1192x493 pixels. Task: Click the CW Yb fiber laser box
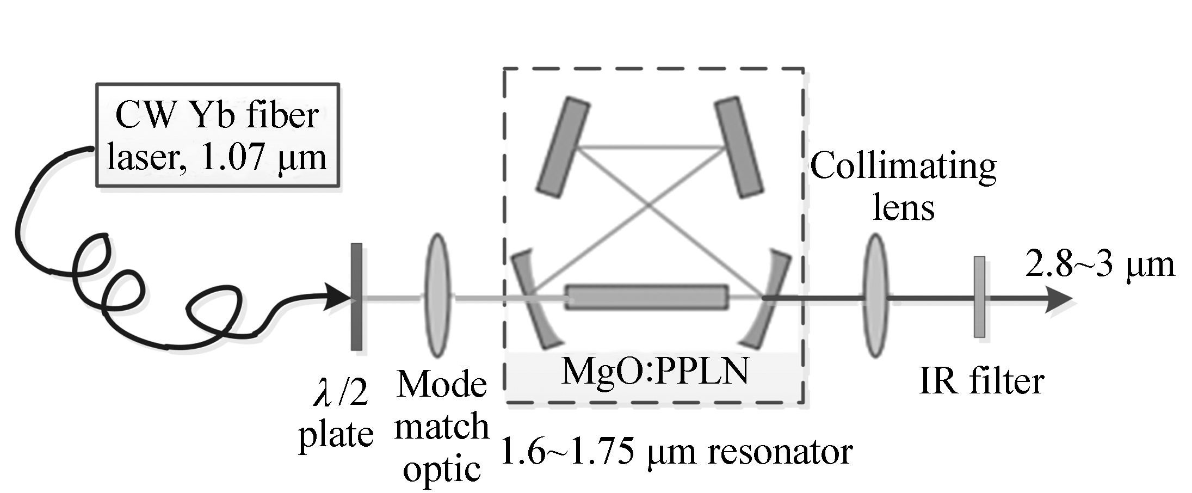218,135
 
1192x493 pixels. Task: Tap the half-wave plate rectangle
356,297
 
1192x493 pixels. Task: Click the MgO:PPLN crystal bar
646,297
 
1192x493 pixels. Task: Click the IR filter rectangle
979,297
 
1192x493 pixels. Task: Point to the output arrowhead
1058,299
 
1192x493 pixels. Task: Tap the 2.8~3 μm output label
1099,266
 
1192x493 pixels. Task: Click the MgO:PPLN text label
654,371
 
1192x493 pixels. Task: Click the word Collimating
903,166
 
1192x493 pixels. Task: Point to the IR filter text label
981,381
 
